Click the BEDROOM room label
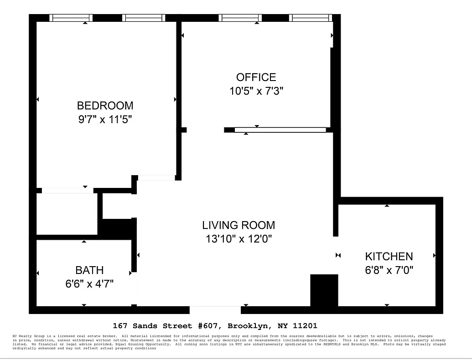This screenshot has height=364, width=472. pos(105,106)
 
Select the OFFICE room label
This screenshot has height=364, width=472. pos(256,77)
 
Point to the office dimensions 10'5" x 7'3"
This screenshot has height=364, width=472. pos(256,91)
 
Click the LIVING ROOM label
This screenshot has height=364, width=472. pos(239,225)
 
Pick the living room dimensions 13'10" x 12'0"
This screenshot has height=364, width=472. pos(239,239)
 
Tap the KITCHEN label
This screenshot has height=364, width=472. pos(389,256)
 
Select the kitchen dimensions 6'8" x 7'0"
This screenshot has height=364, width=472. pos(389,270)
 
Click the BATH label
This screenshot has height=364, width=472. pos(89,270)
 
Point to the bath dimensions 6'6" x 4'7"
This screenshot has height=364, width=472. pos(89,284)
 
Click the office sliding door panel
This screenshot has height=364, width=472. pos(280,130)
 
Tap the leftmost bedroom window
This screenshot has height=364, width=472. pos(71,18)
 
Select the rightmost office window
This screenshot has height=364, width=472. pos(310,18)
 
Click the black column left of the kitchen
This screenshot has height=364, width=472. pos(324,290)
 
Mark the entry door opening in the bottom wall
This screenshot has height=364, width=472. pos(215,310)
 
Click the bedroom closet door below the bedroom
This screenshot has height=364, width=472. pos(67,190)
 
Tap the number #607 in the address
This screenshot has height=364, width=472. pos(209,326)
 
